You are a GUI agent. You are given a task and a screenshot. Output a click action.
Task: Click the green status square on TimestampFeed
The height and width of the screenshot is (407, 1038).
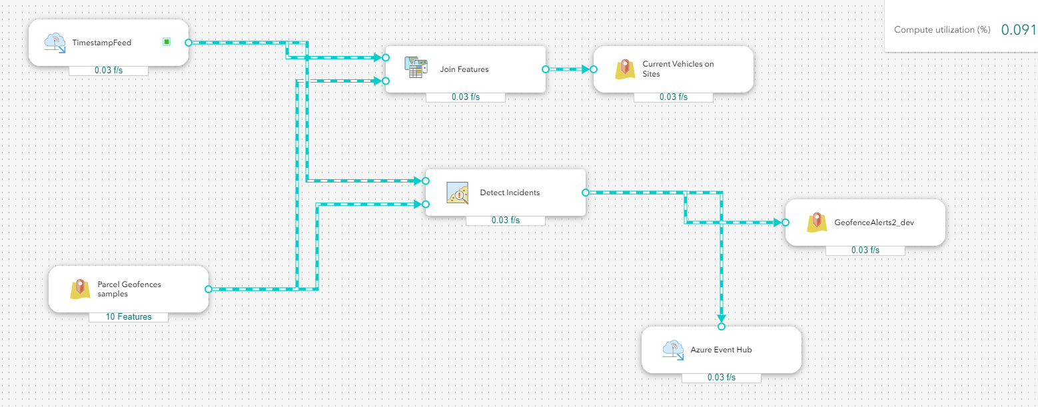167,42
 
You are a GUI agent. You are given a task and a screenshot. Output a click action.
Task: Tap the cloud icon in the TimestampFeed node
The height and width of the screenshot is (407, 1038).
55,43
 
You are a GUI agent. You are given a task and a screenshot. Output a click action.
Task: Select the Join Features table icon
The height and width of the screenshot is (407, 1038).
416,68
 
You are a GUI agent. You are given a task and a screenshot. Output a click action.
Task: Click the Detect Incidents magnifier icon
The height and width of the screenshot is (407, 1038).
457,193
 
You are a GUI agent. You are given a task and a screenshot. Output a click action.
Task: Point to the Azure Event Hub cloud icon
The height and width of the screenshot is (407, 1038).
674,350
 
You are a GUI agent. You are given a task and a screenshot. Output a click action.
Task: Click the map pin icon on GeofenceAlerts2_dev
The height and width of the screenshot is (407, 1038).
817,222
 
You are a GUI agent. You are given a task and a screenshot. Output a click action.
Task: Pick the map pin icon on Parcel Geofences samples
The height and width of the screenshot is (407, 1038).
80,289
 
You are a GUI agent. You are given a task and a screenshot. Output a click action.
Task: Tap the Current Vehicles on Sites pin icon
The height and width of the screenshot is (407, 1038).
625,69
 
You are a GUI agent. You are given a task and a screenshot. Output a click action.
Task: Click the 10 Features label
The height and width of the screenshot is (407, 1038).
129,316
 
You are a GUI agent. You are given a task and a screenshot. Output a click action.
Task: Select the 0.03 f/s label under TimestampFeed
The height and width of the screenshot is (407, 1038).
109,70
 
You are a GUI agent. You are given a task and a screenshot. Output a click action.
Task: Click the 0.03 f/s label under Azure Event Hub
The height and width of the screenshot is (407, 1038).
722,377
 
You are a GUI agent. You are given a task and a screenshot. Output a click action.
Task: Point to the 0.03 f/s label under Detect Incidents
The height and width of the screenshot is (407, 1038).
506,220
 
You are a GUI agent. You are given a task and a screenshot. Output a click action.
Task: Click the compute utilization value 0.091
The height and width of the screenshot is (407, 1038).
1018,30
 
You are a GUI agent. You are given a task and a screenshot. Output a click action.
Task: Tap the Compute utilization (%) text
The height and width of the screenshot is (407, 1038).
942,30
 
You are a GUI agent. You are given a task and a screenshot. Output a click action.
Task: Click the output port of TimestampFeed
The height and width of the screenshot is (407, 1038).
188,43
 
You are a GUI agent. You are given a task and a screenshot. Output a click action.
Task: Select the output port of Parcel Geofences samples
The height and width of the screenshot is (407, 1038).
209,289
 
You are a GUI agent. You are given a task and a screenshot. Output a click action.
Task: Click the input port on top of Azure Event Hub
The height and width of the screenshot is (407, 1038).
722,326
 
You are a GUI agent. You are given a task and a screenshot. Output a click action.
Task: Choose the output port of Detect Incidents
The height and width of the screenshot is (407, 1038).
586,193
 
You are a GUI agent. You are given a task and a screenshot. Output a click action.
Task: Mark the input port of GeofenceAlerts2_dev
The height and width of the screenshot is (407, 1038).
785,222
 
